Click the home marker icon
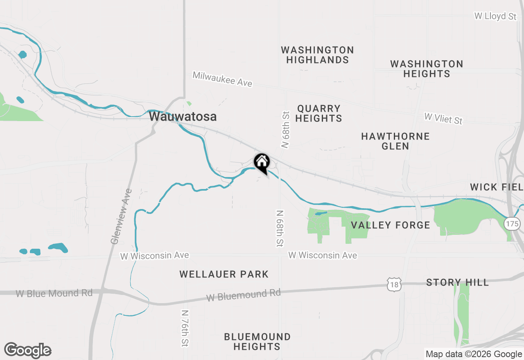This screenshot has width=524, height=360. pos(262,162)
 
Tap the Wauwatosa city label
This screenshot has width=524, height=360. pos(183,117)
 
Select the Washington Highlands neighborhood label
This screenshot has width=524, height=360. pos(317,55)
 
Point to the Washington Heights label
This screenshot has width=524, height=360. pos(427,69)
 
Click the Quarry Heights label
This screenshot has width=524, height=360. pos(318,113)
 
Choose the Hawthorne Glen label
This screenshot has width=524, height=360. pos(395,141)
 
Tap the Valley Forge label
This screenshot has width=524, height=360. pos(391,225)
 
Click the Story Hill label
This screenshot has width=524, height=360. pos(457,282)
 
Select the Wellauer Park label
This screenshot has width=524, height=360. pos(224,274)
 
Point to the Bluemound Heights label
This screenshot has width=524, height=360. pos(257,342)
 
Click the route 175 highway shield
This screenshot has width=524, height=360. pos(512,223)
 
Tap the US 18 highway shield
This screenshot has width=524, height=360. pos(394,283)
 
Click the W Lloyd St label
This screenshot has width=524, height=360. pos(495,16)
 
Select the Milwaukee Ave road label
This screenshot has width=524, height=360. pos(222,79)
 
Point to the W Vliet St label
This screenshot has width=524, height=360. pos(443,119)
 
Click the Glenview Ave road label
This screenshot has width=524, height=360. pos(122,216)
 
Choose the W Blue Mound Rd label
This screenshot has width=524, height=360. pos(54,293)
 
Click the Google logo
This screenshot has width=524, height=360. pos(28,351)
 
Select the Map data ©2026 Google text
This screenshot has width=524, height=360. pos(474,354)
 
